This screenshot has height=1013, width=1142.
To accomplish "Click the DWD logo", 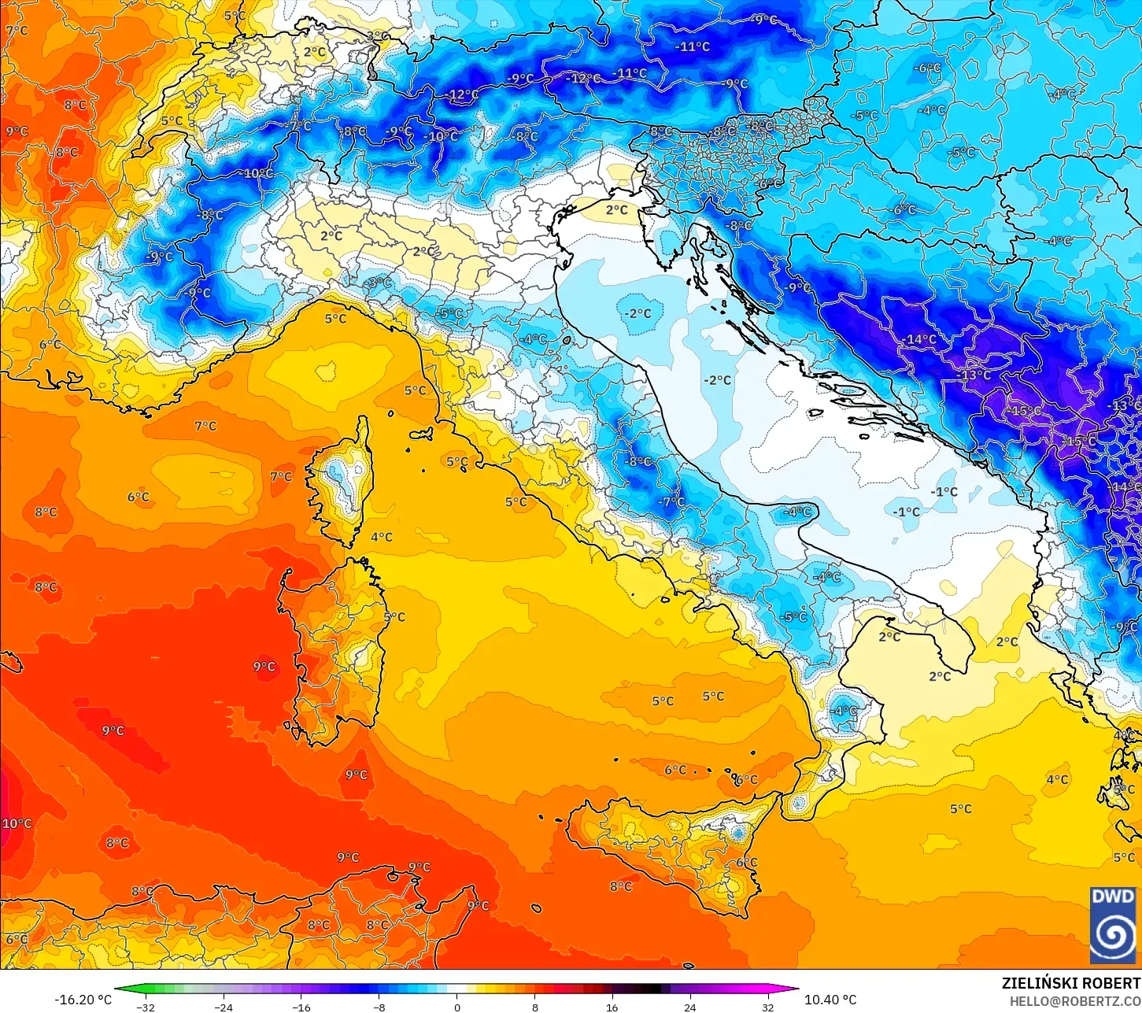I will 1113,924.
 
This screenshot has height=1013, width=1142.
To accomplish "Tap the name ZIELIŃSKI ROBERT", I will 1070,983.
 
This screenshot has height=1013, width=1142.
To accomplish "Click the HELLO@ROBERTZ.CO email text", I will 1075,1000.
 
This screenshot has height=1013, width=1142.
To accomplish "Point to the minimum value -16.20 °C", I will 83,1000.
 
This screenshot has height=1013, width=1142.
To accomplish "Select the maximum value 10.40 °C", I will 830,1000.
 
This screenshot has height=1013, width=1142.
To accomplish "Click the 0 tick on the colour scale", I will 456,1007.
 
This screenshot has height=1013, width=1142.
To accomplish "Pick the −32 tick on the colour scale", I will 146,1007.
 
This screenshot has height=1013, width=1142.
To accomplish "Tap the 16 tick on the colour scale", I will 612,1007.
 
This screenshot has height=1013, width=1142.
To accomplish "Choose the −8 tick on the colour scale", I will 379,1007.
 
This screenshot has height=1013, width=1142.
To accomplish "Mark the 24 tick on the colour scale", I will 689,1007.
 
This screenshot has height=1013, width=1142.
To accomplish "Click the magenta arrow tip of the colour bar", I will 793,990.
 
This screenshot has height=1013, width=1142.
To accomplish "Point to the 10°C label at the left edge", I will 17,823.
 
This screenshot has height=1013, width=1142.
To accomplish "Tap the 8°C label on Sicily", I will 620,886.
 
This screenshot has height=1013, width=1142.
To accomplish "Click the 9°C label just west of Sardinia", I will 264,667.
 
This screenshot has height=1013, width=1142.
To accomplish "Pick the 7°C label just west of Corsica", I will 281,476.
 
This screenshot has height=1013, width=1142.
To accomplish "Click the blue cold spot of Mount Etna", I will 737,831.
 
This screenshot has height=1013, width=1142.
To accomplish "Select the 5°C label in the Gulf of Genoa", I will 335,319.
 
